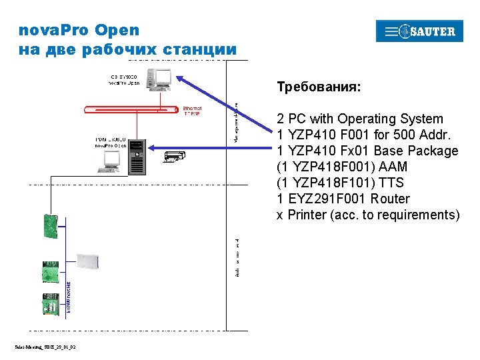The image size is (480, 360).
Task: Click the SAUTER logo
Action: (x=419, y=31)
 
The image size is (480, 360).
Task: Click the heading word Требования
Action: (x=319, y=87)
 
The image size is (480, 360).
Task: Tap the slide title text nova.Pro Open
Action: (x=79, y=30)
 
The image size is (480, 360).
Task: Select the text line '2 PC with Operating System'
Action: (x=360, y=119)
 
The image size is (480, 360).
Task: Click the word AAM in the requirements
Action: (x=392, y=167)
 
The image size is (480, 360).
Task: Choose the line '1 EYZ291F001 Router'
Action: (x=343, y=199)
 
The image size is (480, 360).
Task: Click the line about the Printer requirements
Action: (x=368, y=215)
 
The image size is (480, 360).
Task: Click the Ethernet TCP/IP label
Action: (x=192, y=111)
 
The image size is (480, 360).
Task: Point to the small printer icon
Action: (x=173, y=157)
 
